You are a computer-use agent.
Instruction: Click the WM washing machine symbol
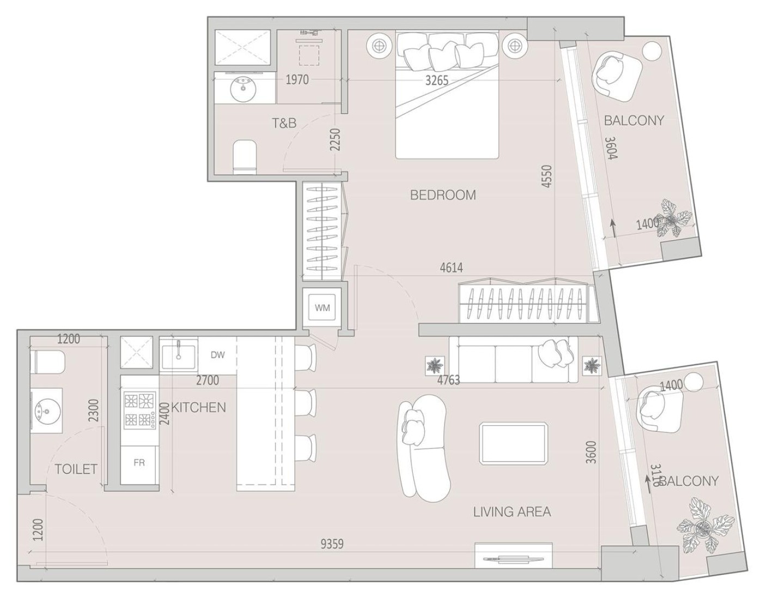pyautogui.click(x=322, y=308)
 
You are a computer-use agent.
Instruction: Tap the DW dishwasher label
pyautogui.click(x=217, y=355)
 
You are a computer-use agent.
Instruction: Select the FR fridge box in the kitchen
pyautogui.click(x=139, y=463)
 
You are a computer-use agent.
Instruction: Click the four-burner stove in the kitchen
pyautogui.click(x=138, y=410)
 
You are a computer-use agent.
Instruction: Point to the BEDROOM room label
pyautogui.click(x=442, y=195)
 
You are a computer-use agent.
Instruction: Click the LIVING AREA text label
pyautogui.click(x=512, y=512)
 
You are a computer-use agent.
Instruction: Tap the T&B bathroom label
pyautogui.click(x=284, y=123)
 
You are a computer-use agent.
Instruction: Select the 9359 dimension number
pyautogui.click(x=332, y=543)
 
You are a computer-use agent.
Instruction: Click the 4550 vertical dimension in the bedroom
pyautogui.click(x=547, y=176)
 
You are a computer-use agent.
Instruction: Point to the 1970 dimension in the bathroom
pyautogui.click(x=297, y=80)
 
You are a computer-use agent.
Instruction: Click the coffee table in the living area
pyautogui.click(x=513, y=443)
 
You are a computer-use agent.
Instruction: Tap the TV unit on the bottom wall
pyautogui.click(x=513, y=556)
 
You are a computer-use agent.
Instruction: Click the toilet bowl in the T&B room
pyautogui.click(x=245, y=156)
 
